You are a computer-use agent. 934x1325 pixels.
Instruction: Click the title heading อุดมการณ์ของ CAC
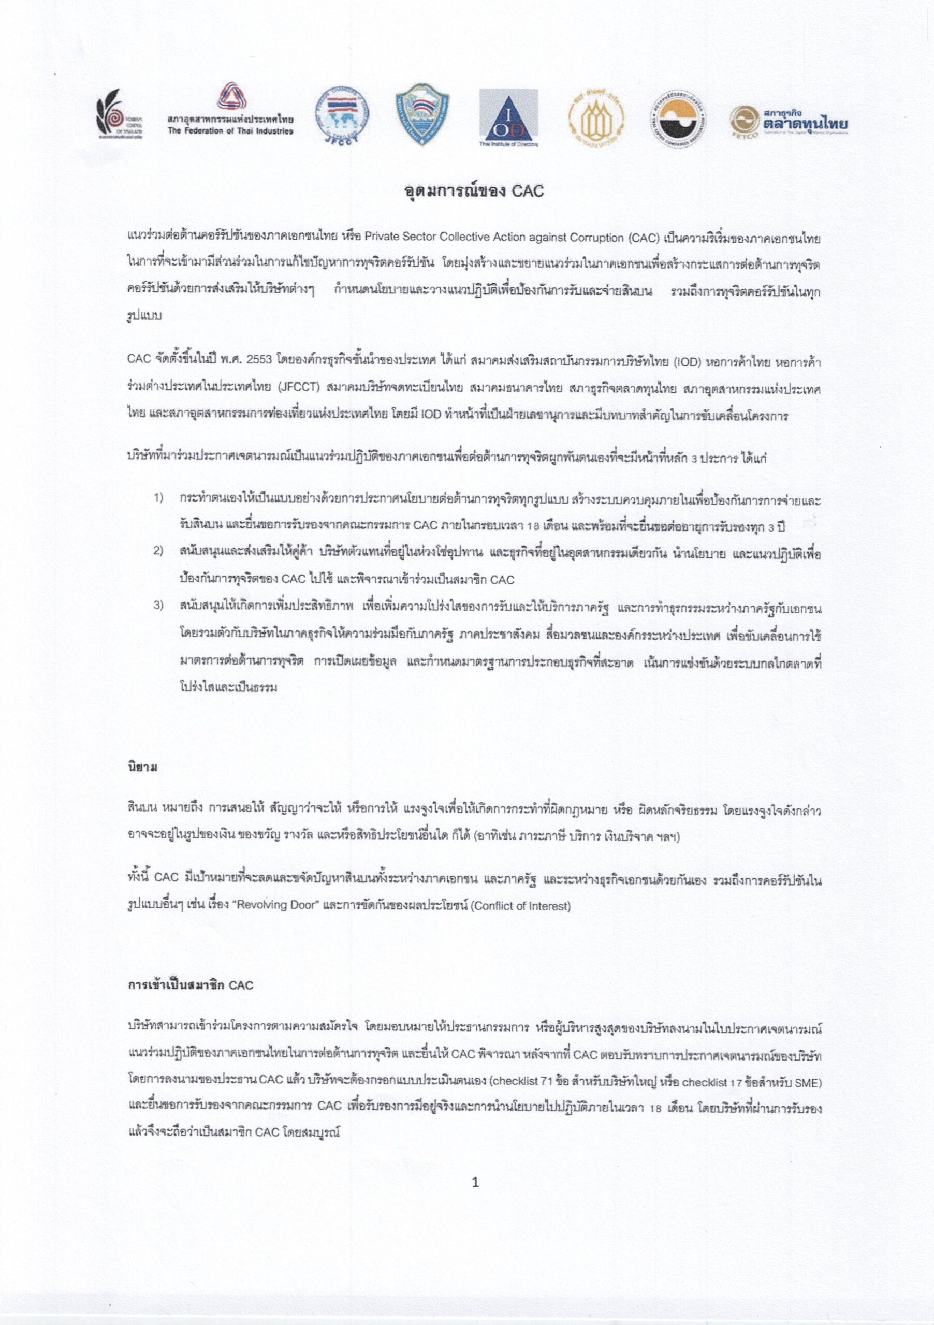pos(473,191)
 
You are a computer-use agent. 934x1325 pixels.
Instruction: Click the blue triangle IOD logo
pos(508,117)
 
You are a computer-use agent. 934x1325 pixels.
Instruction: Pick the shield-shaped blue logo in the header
pos(422,114)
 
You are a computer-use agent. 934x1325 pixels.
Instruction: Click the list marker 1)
pos(158,498)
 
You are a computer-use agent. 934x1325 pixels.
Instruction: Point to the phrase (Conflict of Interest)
pos(520,905)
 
